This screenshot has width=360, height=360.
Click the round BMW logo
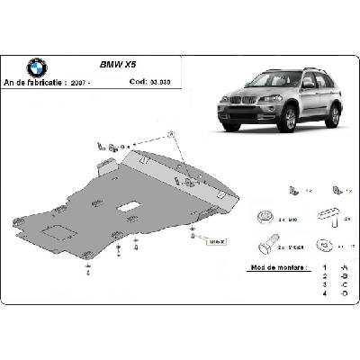tap(37, 67)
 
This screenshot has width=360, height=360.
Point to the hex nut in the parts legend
tap(265, 216)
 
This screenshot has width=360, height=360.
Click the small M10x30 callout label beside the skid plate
tap(216, 240)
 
